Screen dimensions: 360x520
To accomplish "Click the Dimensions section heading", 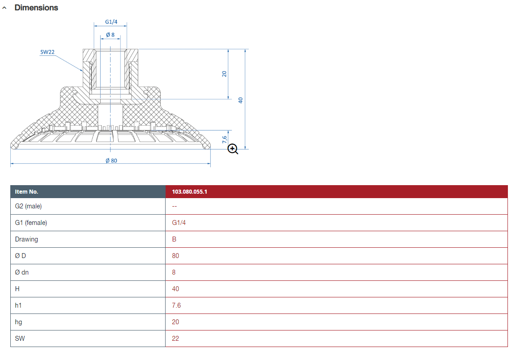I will click(x=36, y=8).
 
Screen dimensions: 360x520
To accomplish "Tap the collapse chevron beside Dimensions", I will click(x=4, y=8).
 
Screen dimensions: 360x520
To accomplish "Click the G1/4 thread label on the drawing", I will click(x=111, y=21).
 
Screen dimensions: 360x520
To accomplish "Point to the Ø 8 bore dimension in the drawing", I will click(x=110, y=34).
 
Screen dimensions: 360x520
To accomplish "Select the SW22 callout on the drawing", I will click(x=47, y=52).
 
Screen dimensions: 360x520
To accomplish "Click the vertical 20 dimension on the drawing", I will click(x=225, y=74).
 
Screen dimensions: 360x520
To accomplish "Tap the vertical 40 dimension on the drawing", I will click(x=240, y=100).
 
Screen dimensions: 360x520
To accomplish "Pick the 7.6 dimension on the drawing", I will click(x=225, y=140).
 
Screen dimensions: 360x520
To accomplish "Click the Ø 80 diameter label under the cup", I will click(x=111, y=161).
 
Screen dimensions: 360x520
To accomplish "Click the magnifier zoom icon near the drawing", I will click(x=233, y=149).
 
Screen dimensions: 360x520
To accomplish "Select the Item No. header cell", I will click(x=27, y=191).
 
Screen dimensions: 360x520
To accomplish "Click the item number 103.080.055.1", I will click(x=190, y=191).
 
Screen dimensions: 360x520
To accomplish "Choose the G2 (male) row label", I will click(x=28, y=206).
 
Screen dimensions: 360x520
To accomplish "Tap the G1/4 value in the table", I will click(x=179, y=223).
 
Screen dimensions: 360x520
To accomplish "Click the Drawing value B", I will click(x=174, y=239).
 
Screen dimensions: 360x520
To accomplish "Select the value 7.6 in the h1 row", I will click(x=176, y=305).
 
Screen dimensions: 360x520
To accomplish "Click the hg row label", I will click(x=18, y=322).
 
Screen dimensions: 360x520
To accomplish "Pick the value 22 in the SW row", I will click(x=175, y=339).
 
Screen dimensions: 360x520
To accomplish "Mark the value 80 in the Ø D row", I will click(x=175, y=256).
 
